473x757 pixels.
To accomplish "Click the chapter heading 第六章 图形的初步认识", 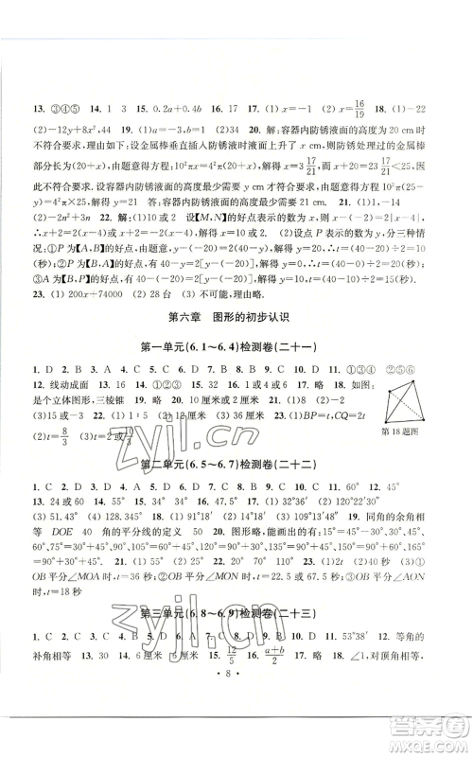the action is point(236,291).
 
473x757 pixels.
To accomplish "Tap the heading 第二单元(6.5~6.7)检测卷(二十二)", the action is point(236,464).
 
